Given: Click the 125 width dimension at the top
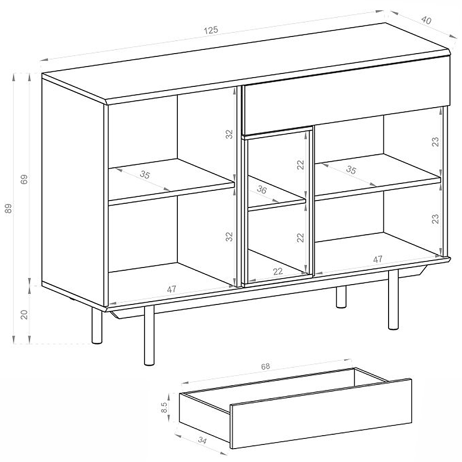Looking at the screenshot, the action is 211,30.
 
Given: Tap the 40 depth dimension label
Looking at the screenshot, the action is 426,20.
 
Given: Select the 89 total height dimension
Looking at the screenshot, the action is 9,208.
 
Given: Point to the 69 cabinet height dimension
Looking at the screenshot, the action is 24,179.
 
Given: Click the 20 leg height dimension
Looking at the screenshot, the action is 24,314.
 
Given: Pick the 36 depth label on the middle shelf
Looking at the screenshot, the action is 261,189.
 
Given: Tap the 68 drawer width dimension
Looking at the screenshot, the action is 265,366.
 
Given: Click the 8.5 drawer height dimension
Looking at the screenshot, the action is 164,407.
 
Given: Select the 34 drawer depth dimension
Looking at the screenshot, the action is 202,440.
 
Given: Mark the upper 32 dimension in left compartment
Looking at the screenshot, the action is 229,134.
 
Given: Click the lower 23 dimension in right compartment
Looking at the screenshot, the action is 435,219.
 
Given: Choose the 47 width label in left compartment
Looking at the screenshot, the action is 171,289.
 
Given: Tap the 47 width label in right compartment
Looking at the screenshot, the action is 378,259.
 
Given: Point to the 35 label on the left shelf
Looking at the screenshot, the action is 145,175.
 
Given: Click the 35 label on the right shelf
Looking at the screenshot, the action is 351,170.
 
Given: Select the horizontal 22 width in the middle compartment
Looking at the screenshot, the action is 278,271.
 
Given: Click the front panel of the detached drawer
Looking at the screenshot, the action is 321,413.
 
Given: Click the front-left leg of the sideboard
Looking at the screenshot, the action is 149,335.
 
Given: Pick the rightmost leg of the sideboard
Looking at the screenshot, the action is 393,299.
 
